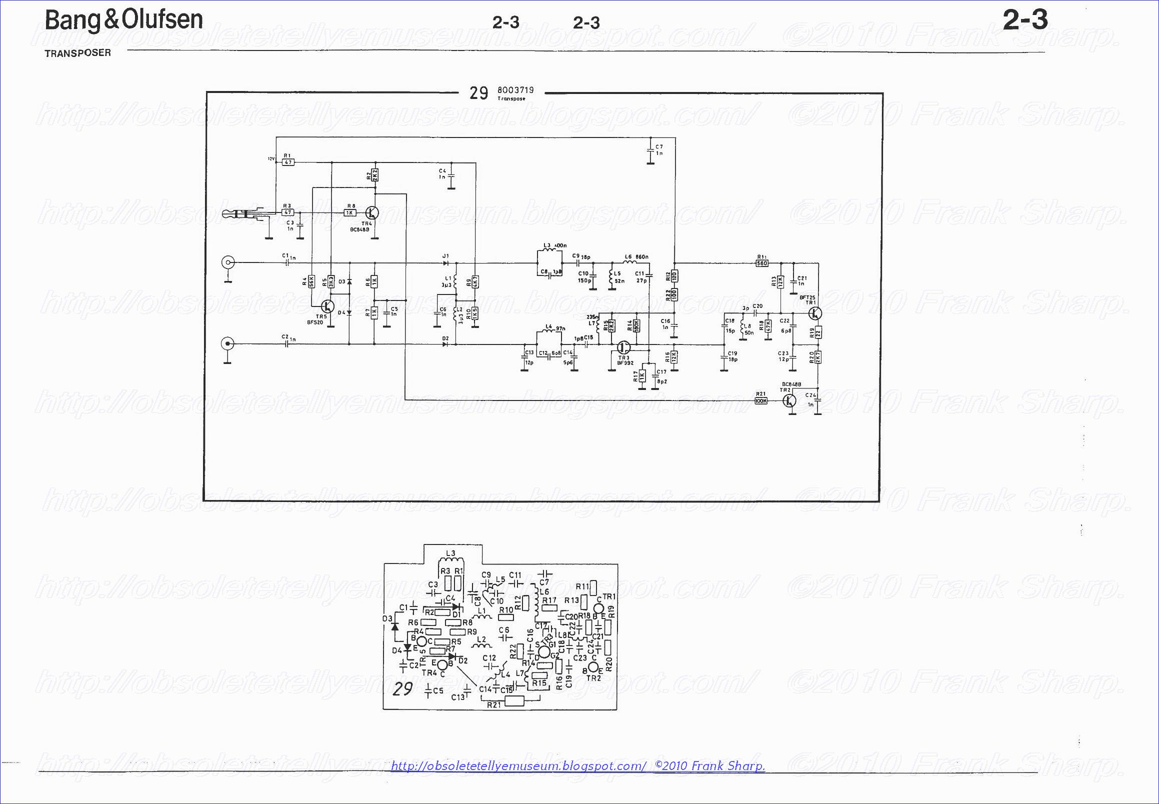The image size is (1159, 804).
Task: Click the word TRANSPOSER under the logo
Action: [77, 53]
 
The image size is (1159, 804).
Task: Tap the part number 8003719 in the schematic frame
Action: [515, 90]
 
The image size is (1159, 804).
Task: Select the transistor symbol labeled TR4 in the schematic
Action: [372, 212]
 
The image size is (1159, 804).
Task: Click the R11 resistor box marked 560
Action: [761, 263]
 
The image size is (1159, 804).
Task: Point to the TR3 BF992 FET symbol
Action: [624, 347]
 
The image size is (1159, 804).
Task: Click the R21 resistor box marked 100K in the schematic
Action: [761, 400]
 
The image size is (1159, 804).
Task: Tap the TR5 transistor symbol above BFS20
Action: [328, 306]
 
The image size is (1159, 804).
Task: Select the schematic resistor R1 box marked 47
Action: [288, 162]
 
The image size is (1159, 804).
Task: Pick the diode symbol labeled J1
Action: [445, 262]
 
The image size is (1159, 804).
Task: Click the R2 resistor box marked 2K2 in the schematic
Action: [374, 175]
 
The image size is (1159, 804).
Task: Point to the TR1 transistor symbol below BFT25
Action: [814, 313]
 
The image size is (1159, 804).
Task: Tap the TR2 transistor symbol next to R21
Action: [789, 400]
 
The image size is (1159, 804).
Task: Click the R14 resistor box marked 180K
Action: [636, 325]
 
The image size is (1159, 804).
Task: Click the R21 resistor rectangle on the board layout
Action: [514, 700]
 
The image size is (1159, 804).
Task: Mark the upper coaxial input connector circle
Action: [228, 262]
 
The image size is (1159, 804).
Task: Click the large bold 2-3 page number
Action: [1025, 20]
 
